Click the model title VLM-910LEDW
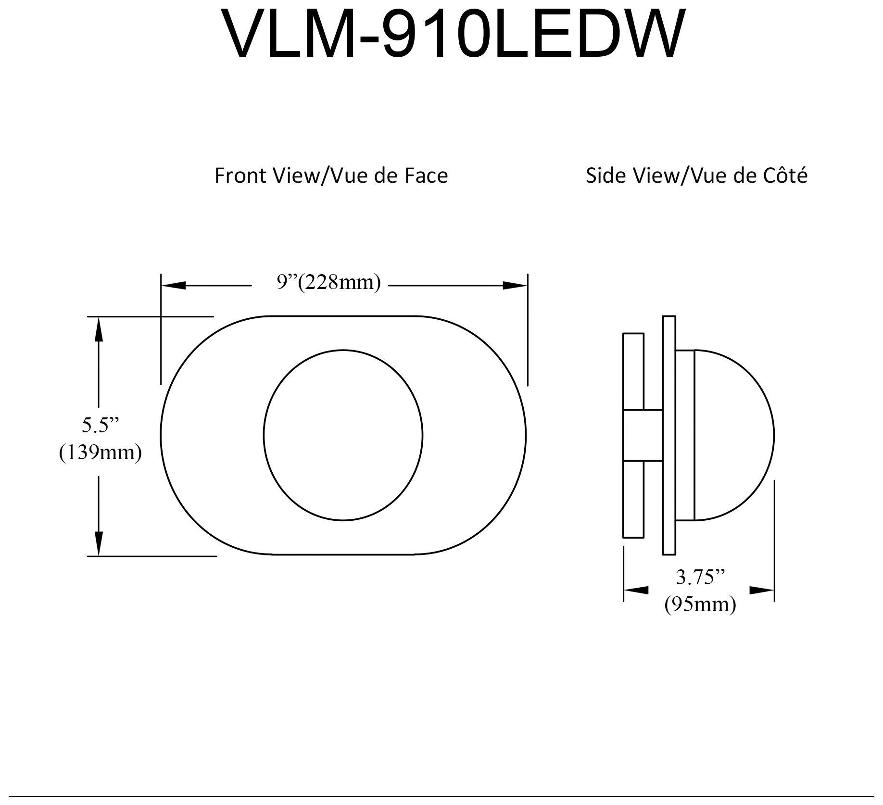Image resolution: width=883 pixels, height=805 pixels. pos(452,35)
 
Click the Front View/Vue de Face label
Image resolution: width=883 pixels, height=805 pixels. pos(331,176)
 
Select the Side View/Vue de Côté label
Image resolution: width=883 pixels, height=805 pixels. pos(696,176)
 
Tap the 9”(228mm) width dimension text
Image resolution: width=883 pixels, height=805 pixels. pos(329,282)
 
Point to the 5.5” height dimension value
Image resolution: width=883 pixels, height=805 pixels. pos(100,425)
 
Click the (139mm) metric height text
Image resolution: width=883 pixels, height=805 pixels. pos(100,452)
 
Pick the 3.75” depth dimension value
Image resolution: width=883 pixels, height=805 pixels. pos(700,577)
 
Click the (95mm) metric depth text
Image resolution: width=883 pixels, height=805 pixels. pos(700,604)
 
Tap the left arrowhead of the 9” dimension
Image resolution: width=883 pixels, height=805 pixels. pos(173,286)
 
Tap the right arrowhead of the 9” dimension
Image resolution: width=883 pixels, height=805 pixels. pos(515,286)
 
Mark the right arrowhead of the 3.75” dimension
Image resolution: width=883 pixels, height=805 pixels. pos(762,590)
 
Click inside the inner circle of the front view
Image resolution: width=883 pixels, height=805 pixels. pos(343,435)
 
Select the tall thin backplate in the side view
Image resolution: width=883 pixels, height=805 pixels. pos(669,435)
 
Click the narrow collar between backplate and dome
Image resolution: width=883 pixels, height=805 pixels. pos(685,435)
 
